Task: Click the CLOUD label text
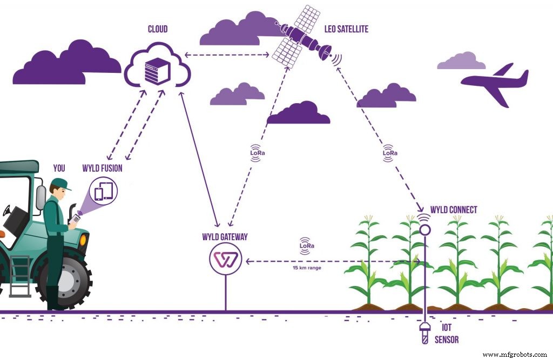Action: [x=158, y=28]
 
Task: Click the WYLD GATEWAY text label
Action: [x=225, y=237]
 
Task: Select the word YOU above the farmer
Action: [x=59, y=168]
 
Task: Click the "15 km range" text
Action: [x=307, y=268]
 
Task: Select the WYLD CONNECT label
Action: [x=454, y=209]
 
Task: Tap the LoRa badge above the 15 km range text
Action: [x=307, y=246]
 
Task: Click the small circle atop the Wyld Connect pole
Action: [x=424, y=229]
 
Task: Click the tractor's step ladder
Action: [x=20, y=275]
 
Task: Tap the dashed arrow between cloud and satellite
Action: [x=227, y=55]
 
